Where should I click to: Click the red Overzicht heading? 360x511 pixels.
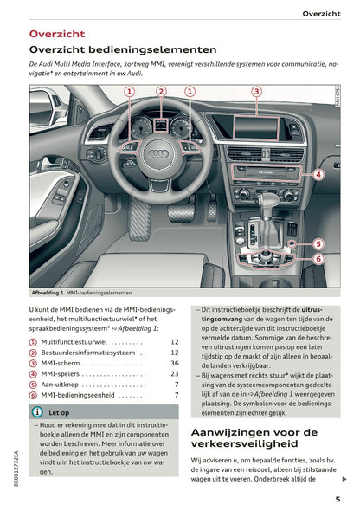tap(57, 34)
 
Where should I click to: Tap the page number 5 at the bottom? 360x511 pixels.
tap(337, 498)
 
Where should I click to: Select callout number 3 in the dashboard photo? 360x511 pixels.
tap(256, 91)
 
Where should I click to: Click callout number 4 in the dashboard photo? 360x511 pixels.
tap(318, 174)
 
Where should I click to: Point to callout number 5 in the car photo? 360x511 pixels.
tap(318, 243)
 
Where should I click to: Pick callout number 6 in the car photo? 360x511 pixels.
tap(318, 258)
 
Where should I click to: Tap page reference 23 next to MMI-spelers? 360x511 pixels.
tap(174, 376)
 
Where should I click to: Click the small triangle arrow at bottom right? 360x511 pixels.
tap(344, 479)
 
